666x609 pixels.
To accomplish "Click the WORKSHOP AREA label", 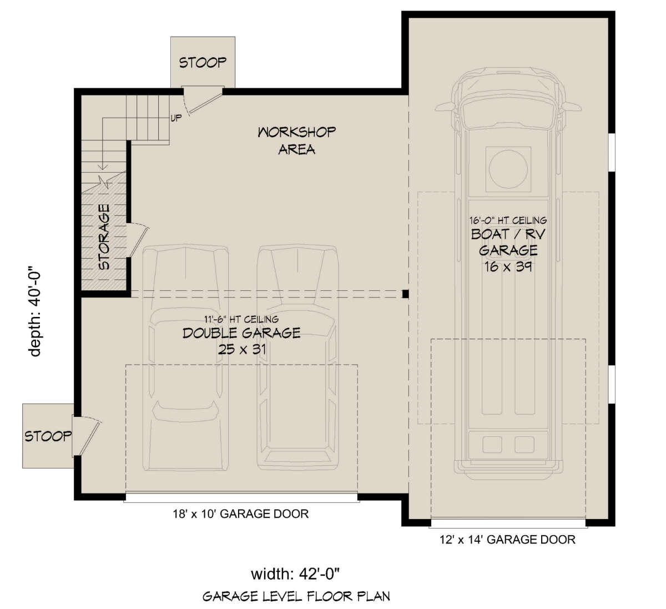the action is pos(296,140).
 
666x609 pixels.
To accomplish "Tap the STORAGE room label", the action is pos(104,237).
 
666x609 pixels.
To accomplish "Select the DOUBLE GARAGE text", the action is pos(241,333).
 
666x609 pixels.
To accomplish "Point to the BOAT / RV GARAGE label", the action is pos(508,242).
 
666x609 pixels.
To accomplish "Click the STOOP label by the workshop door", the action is pos(203,63).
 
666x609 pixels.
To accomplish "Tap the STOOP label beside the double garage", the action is pos(48,436).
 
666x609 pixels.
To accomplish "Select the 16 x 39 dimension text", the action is pos(508,266).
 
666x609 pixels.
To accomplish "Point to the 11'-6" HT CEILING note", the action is pos(241,319).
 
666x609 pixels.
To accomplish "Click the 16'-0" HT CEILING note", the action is pos(508,220).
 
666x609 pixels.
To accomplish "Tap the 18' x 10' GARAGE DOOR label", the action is pos(241,514).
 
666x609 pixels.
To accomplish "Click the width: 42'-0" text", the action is pos(295,574).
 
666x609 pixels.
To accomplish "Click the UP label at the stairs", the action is pos(176,118).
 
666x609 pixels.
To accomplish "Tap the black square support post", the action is pos(405,294).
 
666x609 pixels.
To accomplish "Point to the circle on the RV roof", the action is pos(508,169).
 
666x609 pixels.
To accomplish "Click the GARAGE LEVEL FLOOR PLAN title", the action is pos(296,596).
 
